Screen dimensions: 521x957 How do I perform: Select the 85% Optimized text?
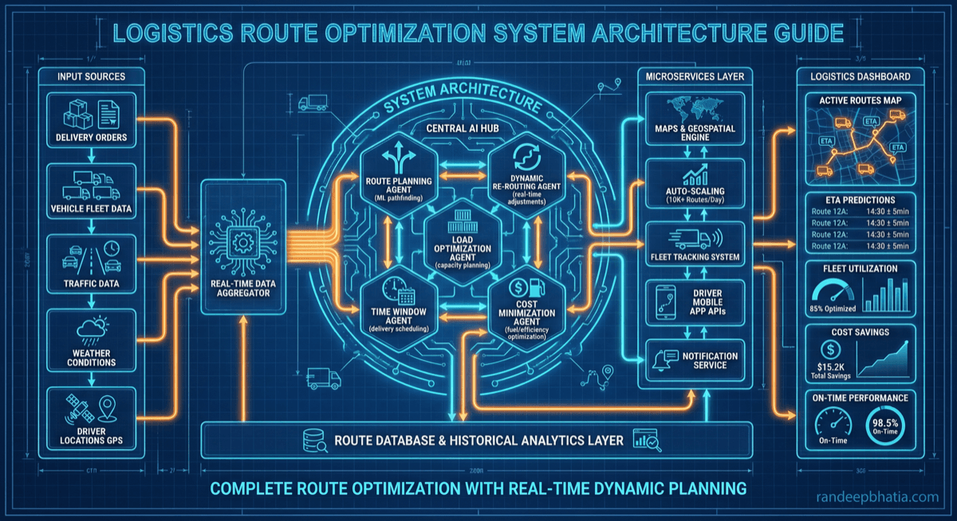(x=833, y=308)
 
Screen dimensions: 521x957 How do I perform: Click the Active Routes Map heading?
(x=860, y=100)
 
